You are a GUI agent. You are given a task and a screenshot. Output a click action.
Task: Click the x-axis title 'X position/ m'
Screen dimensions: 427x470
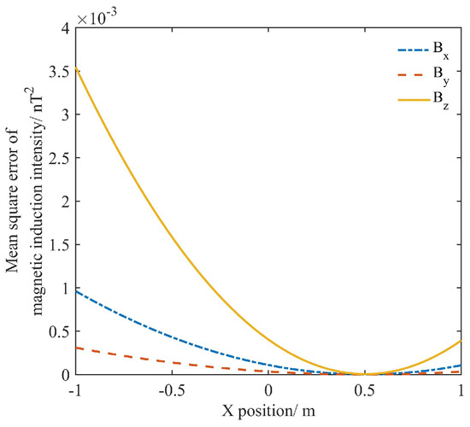tap(269, 412)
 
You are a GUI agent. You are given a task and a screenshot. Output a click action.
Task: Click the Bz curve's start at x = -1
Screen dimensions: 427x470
tap(77, 68)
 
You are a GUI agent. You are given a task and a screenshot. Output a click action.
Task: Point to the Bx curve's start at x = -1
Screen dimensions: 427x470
tap(77, 291)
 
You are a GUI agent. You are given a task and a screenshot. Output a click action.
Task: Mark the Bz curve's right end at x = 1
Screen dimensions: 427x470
tap(461, 341)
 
